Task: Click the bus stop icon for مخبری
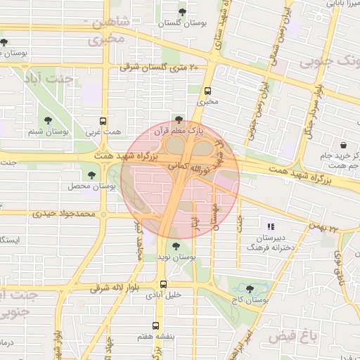207,91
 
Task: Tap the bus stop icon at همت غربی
103,121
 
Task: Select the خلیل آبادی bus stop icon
163,285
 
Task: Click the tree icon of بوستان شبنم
48,121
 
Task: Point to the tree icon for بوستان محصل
91,175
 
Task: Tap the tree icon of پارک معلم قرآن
179,120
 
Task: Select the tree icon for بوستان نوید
175,246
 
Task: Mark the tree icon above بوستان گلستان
183,11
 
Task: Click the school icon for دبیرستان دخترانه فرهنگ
271,226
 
